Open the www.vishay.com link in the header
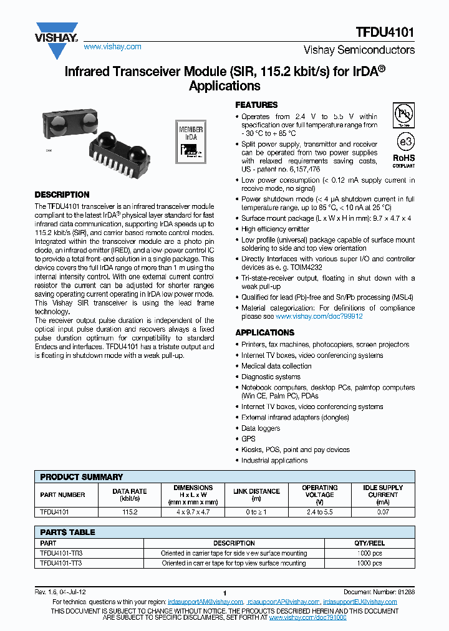click(x=112, y=47)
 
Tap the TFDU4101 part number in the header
click(x=385, y=32)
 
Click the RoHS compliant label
click(x=404, y=161)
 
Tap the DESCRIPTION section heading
click(x=62, y=195)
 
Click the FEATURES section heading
click(x=256, y=105)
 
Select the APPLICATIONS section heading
click(x=264, y=332)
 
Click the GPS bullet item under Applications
click(x=248, y=439)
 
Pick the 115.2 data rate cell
click(x=130, y=511)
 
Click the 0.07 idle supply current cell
click(x=383, y=511)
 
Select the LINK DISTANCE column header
click(x=256, y=494)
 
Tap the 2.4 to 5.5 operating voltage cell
click(x=319, y=511)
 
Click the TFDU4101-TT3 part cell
click(x=61, y=563)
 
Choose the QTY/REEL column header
click(x=369, y=543)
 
